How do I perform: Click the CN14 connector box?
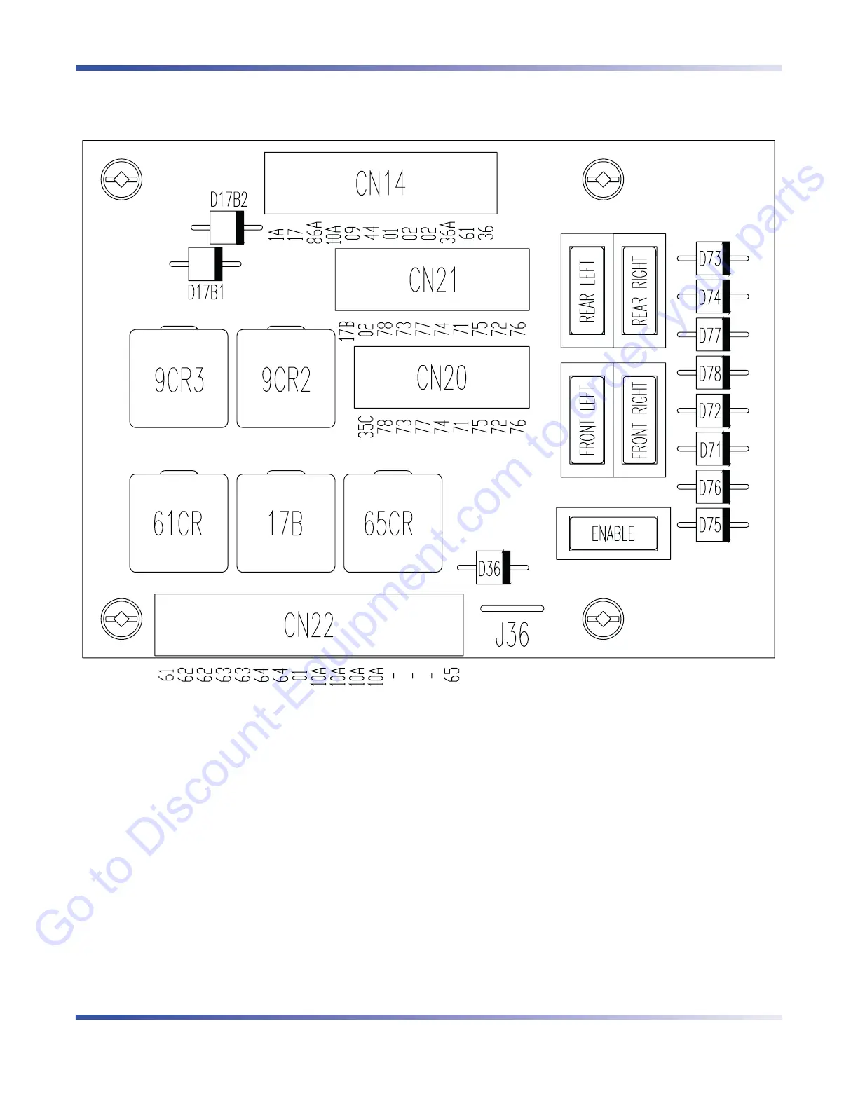(x=381, y=183)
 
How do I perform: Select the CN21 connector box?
(x=432, y=280)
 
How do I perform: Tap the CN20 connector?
(x=442, y=378)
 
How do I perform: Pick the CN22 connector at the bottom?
(x=308, y=625)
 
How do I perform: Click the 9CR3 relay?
(x=179, y=379)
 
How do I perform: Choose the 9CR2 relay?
(x=286, y=379)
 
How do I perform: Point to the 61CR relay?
(x=179, y=523)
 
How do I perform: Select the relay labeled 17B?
(x=286, y=523)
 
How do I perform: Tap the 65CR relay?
(x=393, y=523)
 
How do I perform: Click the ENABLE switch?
(x=613, y=534)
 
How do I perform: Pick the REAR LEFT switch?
(x=587, y=291)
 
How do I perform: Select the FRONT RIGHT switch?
(x=639, y=420)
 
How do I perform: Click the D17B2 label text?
(x=229, y=200)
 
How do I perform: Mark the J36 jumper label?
(x=512, y=635)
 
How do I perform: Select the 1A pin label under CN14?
(x=277, y=233)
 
